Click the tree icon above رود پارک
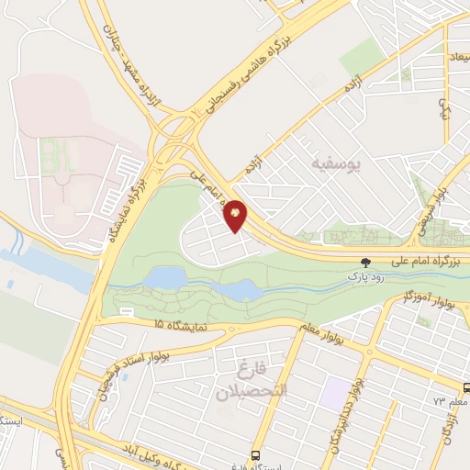366,261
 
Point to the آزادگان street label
449,428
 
